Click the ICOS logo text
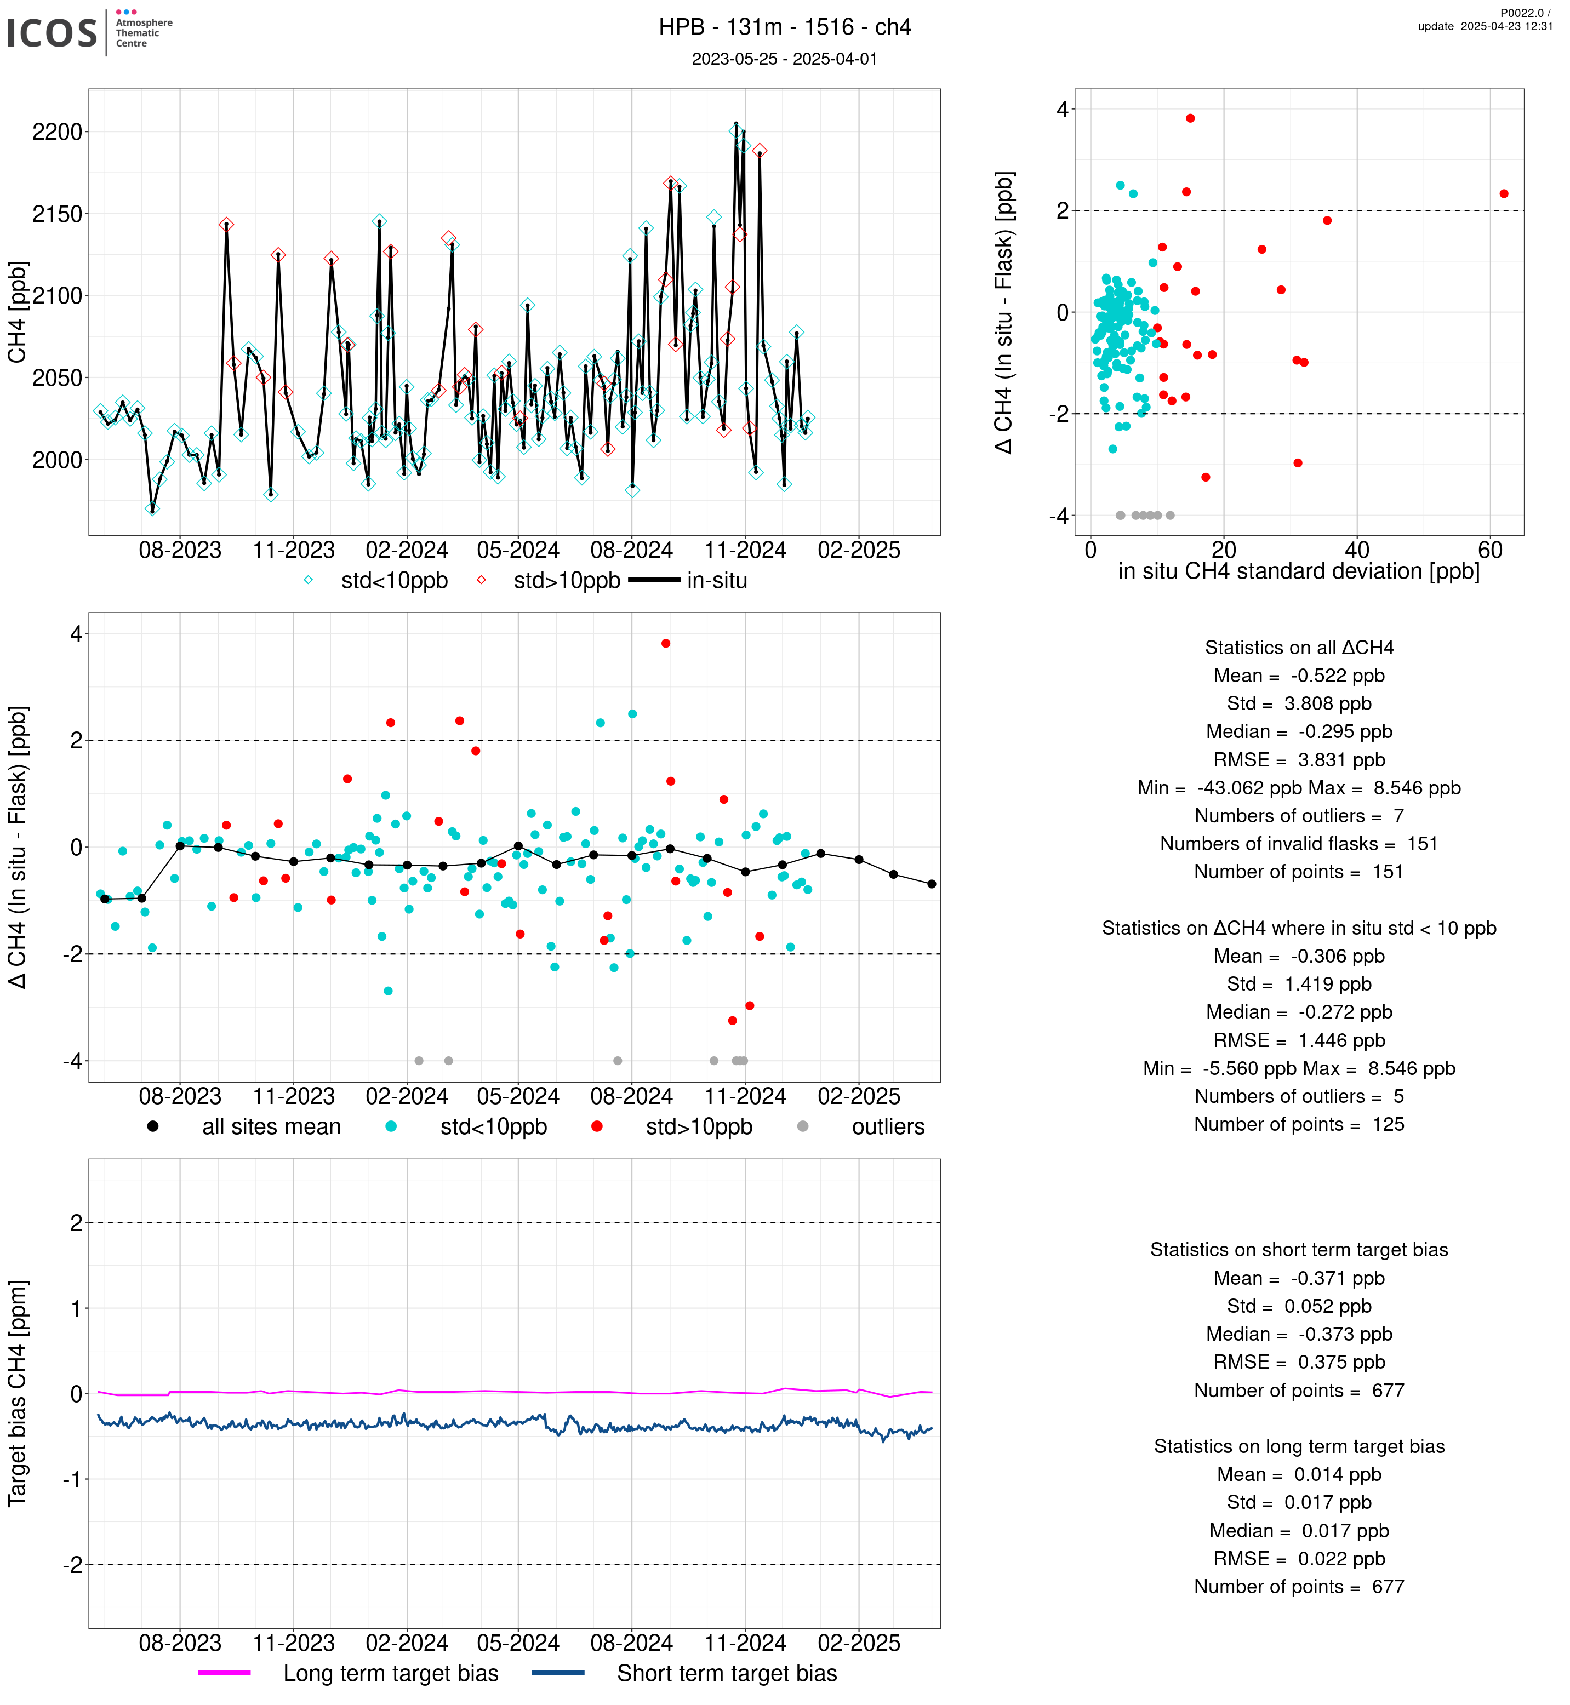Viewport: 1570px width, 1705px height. (x=52, y=33)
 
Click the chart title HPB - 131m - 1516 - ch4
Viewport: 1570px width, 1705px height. (x=785, y=27)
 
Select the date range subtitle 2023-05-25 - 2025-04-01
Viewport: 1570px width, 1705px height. (x=784, y=59)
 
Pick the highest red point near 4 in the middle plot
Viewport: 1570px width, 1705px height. (x=666, y=643)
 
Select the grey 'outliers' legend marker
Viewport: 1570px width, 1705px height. (x=803, y=1126)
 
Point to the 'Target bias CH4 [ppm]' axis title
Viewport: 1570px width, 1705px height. (x=17, y=1393)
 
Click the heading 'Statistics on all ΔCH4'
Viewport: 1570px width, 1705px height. (x=1299, y=648)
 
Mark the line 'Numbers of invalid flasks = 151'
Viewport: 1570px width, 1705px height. (x=1299, y=844)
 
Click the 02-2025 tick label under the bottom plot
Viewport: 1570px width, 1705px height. (x=859, y=1643)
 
